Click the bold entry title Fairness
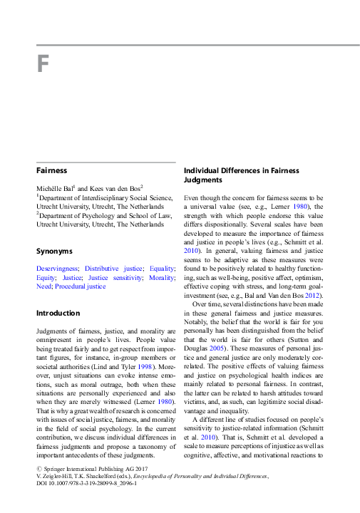coord(52,171)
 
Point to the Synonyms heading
coord(54,251)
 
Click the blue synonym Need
coord(43,286)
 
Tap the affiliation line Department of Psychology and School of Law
coord(106,214)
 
